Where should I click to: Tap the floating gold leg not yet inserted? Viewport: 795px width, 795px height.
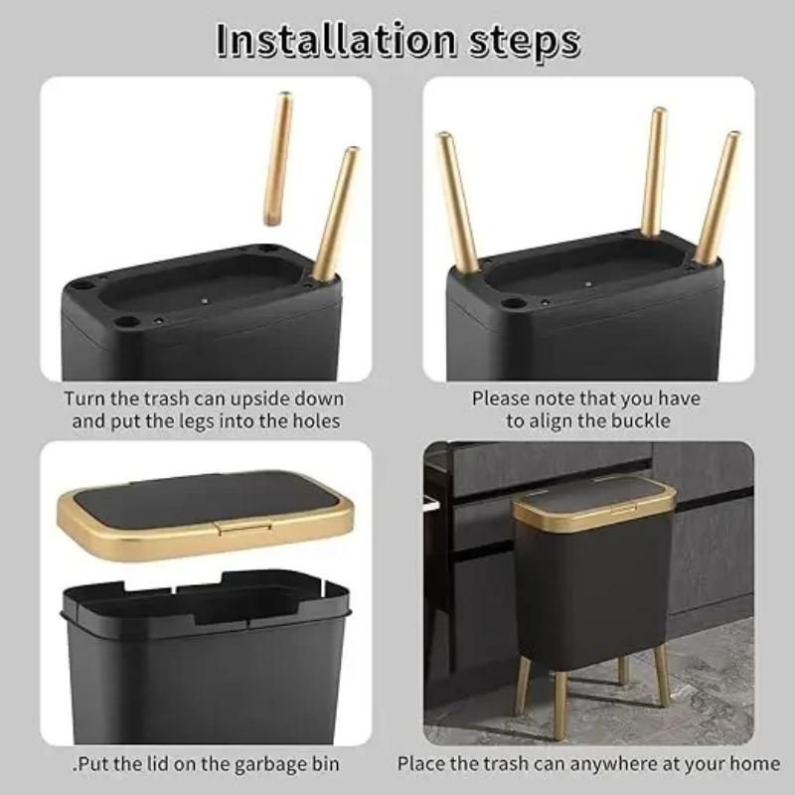click(x=277, y=159)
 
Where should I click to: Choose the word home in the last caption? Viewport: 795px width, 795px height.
click(x=757, y=764)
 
